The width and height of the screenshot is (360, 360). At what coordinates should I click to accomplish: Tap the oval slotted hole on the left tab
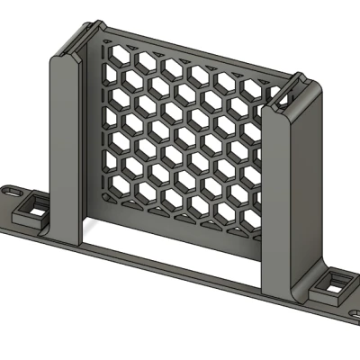click(11, 192)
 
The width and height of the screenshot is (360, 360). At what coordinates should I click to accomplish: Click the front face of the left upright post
click(63, 153)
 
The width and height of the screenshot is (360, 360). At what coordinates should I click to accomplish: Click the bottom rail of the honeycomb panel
click(171, 227)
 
